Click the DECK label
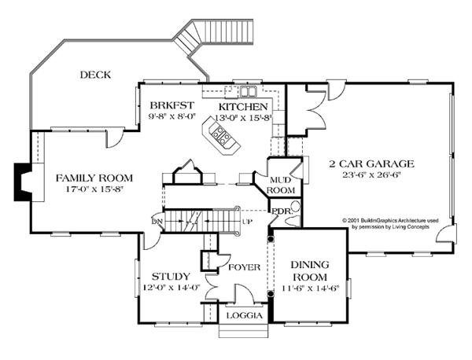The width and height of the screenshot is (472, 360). (95, 75)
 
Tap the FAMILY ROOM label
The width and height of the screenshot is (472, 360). (94, 178)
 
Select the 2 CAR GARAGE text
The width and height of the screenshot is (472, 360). (372, 163)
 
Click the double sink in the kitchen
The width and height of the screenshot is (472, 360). (248, 91)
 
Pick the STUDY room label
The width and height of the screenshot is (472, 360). (171, 276)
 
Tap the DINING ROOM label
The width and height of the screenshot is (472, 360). (310, 270)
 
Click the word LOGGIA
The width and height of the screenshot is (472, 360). (245, 315)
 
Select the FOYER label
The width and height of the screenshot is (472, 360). (244, 267)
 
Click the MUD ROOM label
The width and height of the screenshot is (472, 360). (281, 186)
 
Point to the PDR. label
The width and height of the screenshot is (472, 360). (282, 211)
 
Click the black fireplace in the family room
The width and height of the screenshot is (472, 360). (22, 182)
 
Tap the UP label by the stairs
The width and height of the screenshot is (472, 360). (247, 222)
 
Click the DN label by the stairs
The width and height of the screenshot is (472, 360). (157, 222)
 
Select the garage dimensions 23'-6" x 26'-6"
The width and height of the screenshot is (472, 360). (372, 174)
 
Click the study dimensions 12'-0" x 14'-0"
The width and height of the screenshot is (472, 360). (171, 288)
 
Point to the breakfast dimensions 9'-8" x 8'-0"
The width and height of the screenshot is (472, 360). (172, 116)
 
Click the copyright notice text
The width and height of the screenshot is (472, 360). (390, 223)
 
